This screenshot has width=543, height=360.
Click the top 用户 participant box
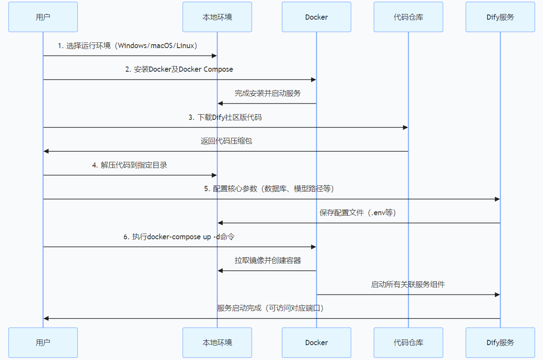click(x=43, y=17)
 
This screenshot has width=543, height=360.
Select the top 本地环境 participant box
click(x=217, y=17)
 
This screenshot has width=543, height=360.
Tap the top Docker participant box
click(x=316, y=17)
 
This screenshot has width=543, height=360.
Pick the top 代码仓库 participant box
click(x=408, y=17)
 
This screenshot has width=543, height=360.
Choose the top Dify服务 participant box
click(x=500, y=17)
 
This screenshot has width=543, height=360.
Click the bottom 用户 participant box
click(x=43, y=343)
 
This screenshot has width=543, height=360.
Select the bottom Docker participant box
click(x=316, y=343)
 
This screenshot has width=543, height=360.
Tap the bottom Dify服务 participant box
click(x=500, y=343)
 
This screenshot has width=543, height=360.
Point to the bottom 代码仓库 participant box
click(x=408, y=343)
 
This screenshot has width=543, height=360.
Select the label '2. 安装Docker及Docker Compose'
click(x=179, y=69)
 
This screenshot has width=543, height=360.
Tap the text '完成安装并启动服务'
click(x=267, y=93)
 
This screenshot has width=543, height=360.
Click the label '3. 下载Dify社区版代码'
click(x=225, y=117)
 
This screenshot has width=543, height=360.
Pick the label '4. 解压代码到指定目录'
click(x=130, y=165)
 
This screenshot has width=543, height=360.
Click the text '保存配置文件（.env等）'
click(x=357, y=213)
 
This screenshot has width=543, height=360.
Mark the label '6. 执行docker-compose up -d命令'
click(x=179, y=237)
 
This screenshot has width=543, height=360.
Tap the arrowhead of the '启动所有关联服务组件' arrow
click(x=497, y=295)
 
